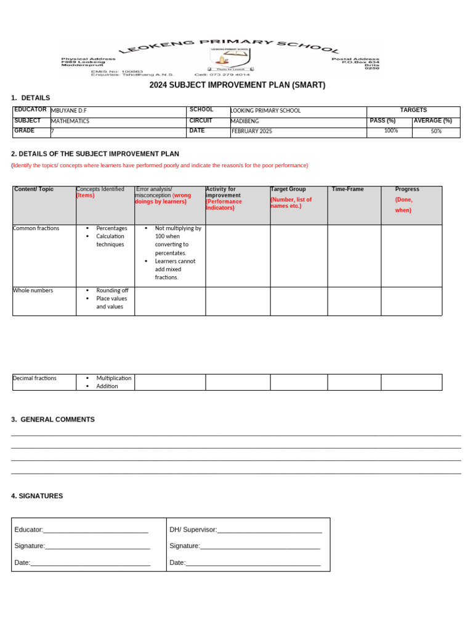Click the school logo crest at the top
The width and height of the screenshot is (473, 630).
(x=229, y=59)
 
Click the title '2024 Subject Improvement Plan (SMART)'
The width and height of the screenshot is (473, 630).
(x=237, y=85)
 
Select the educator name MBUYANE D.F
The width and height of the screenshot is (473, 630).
(x=69, y=111)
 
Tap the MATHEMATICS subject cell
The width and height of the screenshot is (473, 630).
(x=70, y=121)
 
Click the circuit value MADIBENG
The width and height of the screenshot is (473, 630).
(x=245, y=121)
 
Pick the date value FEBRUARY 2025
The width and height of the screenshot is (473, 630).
(x=252, y=131)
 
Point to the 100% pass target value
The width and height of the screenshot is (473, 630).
(x=390, y=131)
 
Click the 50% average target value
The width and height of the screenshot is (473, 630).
(x=436, y=131)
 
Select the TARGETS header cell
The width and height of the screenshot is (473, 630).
(x=413, y=110)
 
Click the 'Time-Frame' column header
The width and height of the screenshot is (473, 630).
(x=348, y=189)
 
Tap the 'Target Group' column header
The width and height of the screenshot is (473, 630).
(x=288, y=189)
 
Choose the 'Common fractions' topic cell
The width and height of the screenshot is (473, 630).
(x=36, y=228)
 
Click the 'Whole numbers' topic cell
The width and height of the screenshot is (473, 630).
(x=33, y=290)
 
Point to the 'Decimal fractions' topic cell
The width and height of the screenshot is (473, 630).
(x=35, y=378)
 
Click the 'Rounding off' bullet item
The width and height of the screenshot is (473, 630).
(x=112, y=290)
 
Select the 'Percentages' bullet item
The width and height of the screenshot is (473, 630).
(x=111, y=228)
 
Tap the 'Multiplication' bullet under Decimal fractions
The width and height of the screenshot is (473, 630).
(x=114, y=378)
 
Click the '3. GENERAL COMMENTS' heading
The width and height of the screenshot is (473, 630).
(x=53, y=420)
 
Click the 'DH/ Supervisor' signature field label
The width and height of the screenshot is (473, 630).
(x=193, y=530)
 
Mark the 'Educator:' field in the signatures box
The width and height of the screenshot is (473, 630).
(x=29, y=530)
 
